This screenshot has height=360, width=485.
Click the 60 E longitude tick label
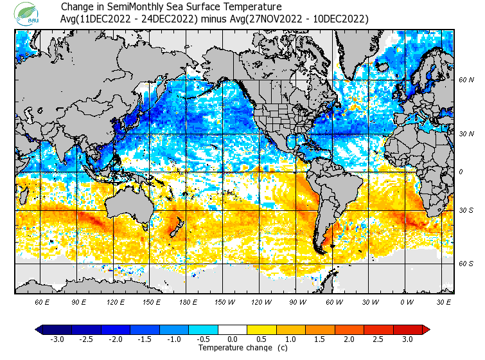click(42, 301)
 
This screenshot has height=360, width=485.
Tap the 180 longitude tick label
click(188, 301)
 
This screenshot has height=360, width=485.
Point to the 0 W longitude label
click(407, 301)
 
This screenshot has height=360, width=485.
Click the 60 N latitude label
click(466, 80)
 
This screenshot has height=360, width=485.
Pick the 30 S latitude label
click(466, 210)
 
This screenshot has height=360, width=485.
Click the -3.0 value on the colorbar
click(57, 339)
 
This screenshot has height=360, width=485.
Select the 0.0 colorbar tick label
click(233, 339)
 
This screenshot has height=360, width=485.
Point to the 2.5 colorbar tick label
click(378, 339)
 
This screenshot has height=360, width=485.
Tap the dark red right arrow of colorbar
click(425, 330)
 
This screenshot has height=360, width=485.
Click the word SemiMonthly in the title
click(131, 7)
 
